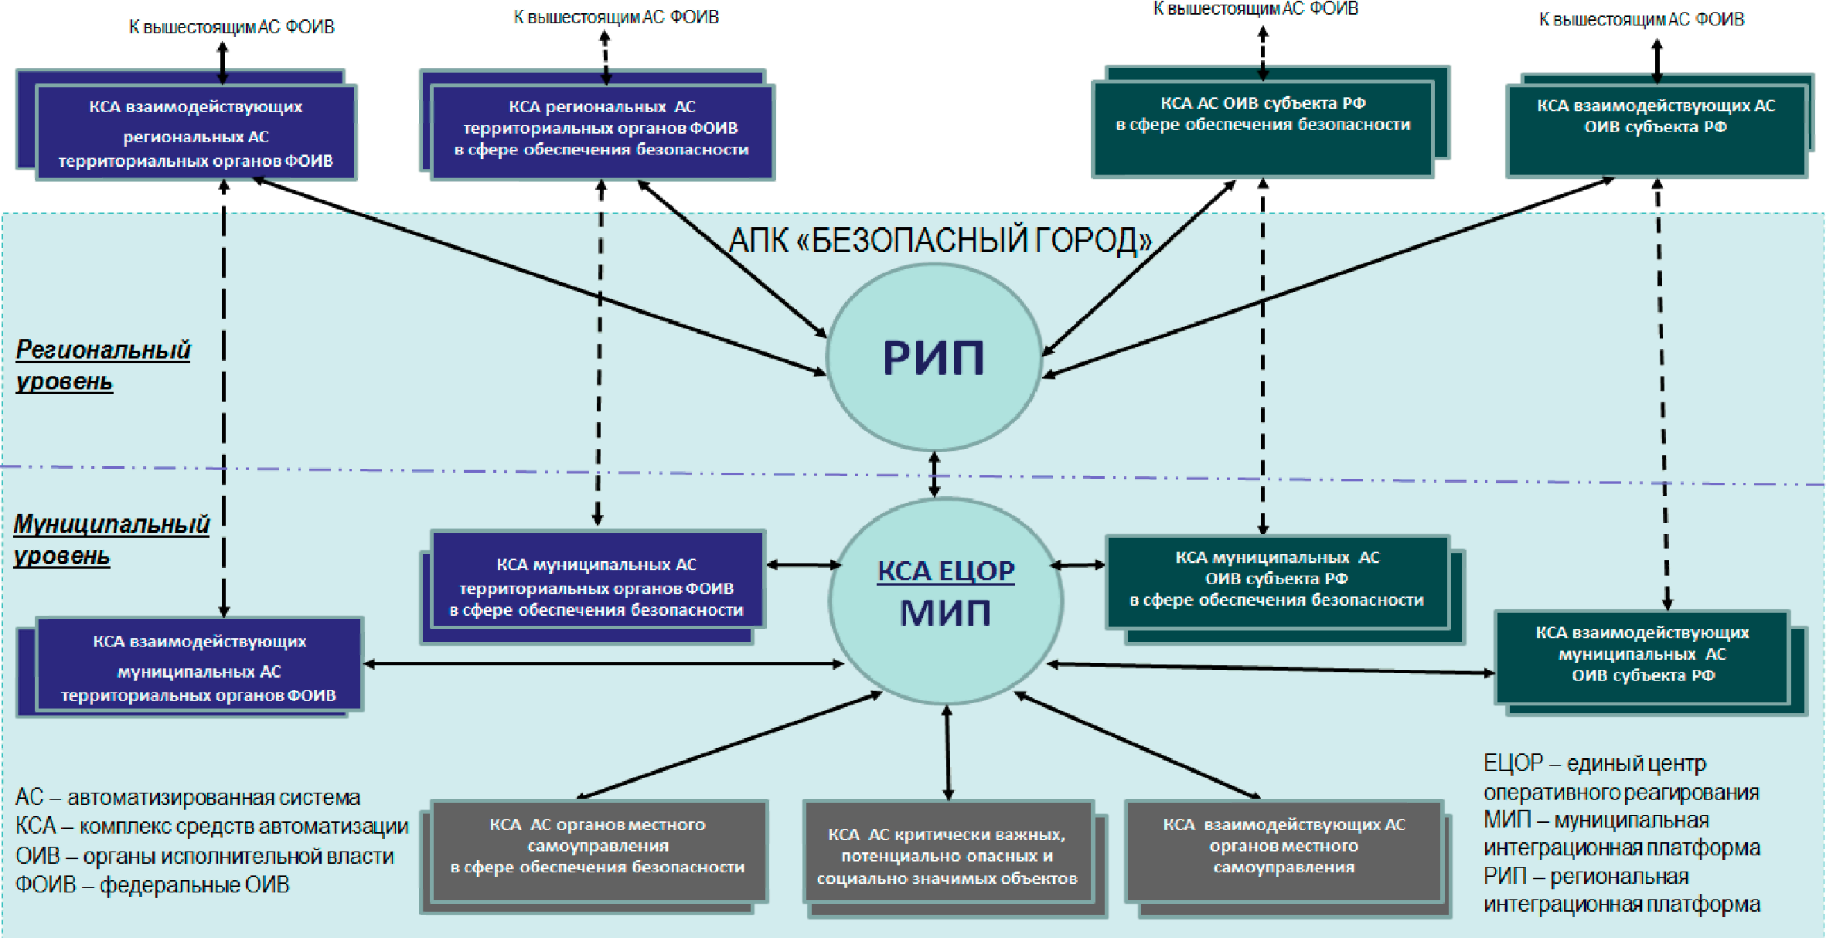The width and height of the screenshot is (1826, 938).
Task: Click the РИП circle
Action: [934, 358]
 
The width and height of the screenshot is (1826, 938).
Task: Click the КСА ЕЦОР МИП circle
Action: [945, 600]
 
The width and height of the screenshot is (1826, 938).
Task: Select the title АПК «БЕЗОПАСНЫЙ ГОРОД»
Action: [940, 240]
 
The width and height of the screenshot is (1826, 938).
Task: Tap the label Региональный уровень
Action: [103, 365]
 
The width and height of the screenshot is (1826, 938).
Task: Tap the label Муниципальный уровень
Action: [111, 539]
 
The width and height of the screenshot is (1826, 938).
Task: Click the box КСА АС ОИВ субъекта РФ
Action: [1262, 128]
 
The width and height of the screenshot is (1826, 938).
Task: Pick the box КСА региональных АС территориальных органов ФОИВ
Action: [601, 131]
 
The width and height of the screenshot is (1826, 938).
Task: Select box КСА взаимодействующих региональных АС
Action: [196, 133]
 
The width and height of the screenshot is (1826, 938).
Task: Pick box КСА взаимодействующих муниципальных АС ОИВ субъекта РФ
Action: [1642, 657]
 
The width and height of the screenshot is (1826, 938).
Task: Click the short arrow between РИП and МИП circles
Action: [934, 474]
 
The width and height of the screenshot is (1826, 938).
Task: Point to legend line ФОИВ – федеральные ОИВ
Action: [152, 885]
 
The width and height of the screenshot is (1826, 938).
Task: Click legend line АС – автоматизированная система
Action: [188, 797]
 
